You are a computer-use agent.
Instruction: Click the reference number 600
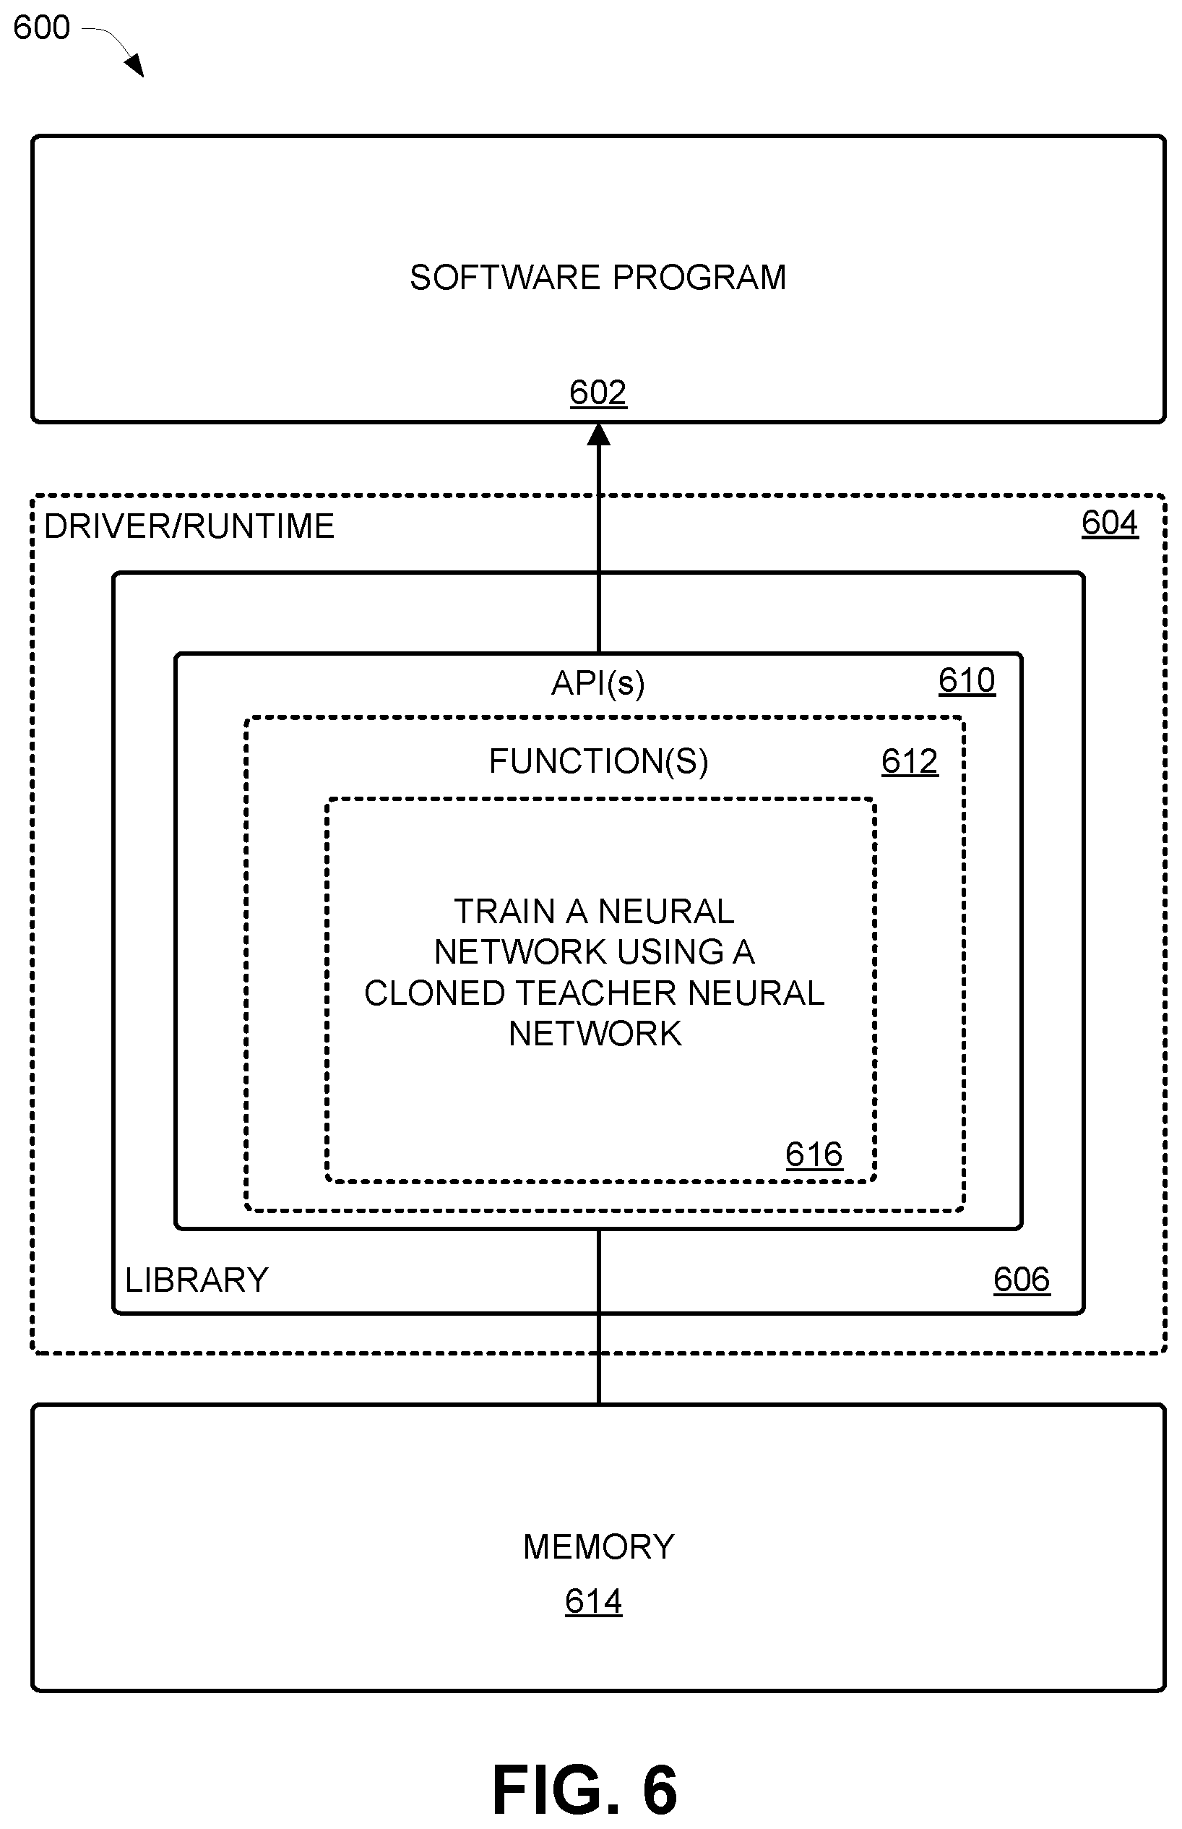click(41, 27)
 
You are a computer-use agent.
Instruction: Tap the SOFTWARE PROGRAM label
click(598, 277)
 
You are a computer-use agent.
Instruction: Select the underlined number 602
click(598, 393)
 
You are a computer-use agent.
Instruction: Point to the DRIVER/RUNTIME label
click(189, 527)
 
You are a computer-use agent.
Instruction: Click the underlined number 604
click(1110, 523)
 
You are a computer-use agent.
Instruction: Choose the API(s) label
click(598, 682)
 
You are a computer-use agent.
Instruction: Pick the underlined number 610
click(967, 680)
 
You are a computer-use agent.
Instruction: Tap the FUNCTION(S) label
click(599, 761)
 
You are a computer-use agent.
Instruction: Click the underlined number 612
click(910, 762)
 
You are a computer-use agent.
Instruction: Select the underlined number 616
click(814, 1155)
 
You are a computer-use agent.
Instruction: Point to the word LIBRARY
click(197, 1280)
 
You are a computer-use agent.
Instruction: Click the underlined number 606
click(1022, 1280)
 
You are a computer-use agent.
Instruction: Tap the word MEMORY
click(599, 1546)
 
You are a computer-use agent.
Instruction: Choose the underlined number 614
click(593, 1602)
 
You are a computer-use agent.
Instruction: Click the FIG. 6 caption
click(585, 1790)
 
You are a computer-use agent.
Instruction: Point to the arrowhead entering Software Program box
click(599, 434)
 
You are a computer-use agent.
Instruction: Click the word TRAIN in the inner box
click(504, 912)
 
